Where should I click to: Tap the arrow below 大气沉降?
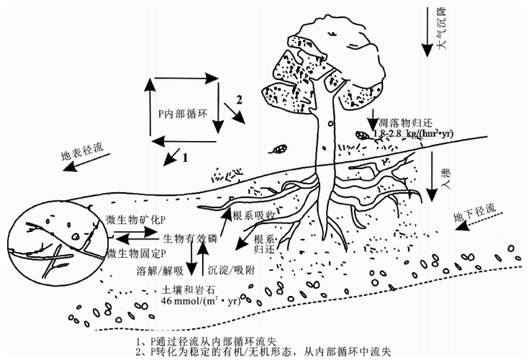tap(427, 29)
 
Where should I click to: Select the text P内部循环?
tap(183, 114)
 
